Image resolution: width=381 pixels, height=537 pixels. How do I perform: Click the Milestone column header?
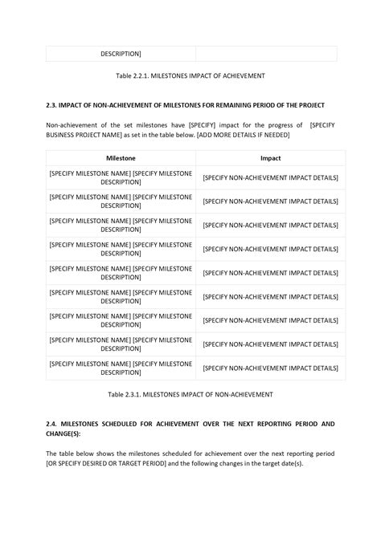pos(120,159)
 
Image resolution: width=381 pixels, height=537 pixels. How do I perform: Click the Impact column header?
pos(270,159)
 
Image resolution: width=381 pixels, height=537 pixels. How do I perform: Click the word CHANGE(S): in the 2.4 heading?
pos(63,433)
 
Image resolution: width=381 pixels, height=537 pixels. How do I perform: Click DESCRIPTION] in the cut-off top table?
pos(121,54)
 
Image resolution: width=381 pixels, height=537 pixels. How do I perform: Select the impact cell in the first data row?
pos(270,177)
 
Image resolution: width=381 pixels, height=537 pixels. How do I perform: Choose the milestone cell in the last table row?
pos(121,368)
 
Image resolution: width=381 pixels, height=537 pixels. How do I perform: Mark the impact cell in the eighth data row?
pos(270,368)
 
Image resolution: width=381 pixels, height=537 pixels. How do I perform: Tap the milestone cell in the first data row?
pos(121,177)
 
